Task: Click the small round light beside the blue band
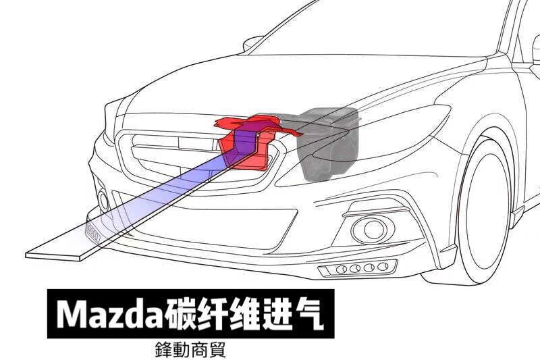pyautogui.click(x=103, y=200)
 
